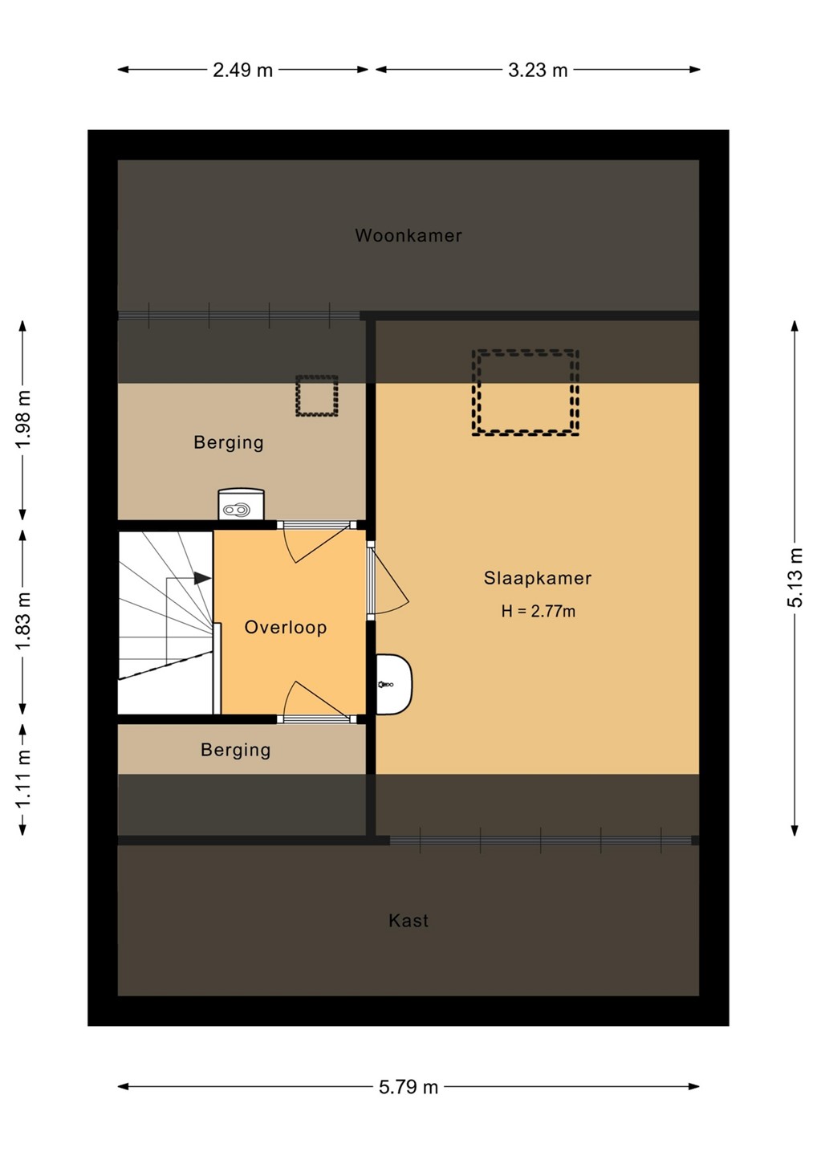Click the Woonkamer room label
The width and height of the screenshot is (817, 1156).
408,236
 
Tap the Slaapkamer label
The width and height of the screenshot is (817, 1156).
538,579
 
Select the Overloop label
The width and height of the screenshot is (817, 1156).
285,628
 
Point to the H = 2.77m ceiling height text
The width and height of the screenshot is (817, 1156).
538,612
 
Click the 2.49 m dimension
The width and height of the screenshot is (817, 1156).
242,70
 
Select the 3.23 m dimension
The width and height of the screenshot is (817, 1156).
538,70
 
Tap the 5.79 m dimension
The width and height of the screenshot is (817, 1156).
408,1087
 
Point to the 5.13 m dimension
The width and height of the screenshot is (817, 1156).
795,577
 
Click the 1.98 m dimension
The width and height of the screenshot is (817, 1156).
23,420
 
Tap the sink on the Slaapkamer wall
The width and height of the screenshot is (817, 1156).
393,684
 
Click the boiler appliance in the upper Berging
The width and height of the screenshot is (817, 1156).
241,504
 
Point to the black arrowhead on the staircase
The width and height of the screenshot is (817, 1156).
203,579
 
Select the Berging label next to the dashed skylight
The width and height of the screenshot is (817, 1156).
229,443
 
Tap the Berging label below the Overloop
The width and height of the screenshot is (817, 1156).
236,751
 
